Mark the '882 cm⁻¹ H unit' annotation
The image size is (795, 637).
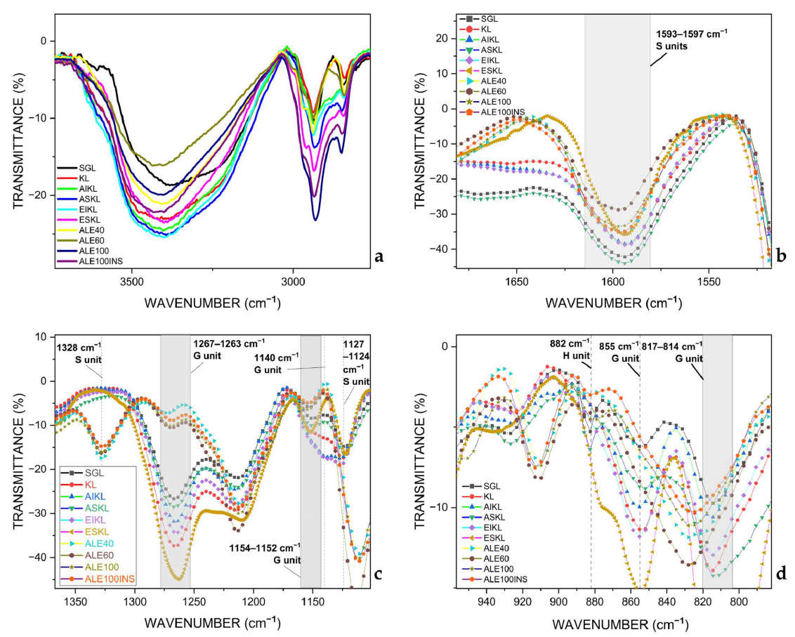tap(570, 348)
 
